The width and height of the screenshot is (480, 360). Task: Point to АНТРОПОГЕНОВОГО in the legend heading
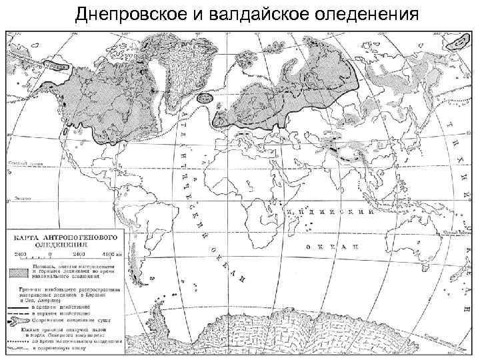point(80,237)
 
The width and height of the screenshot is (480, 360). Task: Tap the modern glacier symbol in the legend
point(21,321)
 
